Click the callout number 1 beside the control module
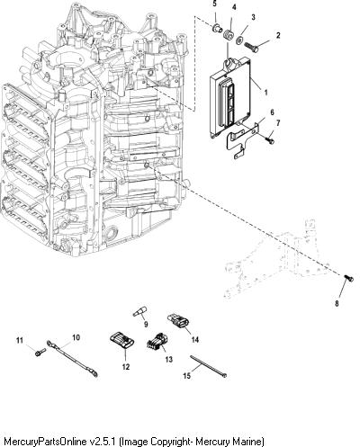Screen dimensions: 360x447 click(x=265, y=93)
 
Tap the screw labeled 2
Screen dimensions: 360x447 click(x=251, y=48)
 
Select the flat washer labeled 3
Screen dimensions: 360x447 click(x=240, y=40)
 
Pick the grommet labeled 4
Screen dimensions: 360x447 click(x=229, y=35)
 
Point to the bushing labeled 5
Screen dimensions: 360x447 click(x=217, y=28)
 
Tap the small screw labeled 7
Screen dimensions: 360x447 click(x=270, y=139)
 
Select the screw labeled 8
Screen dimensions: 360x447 click(x=349, y=278)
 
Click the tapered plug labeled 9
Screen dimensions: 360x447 click(x=139, y=311)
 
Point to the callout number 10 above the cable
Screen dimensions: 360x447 click(x=76, y=337)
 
